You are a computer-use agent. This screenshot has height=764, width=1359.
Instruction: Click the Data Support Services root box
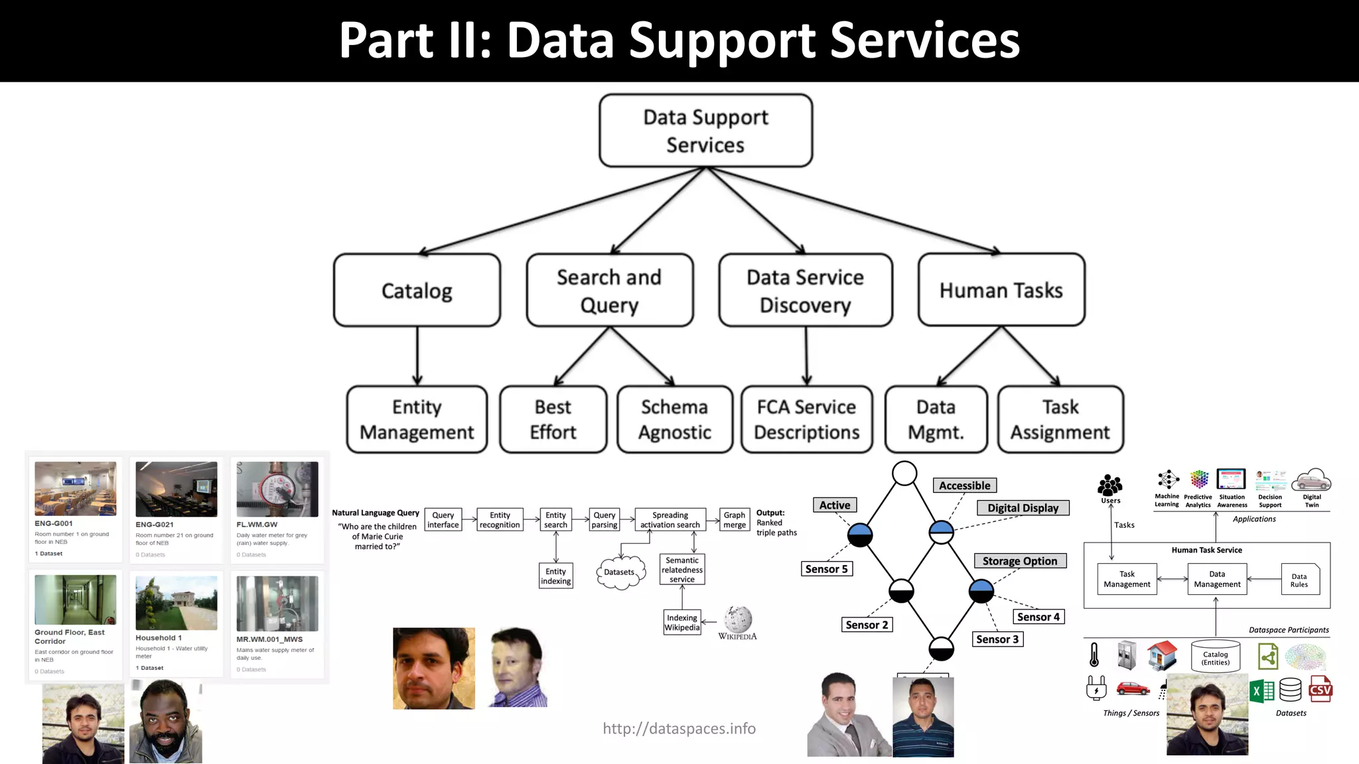tap(705, 131)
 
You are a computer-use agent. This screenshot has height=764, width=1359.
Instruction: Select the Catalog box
tap(417, 290)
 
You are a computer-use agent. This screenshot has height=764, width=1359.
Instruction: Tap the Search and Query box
tap(609, 290)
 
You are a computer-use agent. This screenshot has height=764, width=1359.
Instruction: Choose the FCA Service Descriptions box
tap(806, 419)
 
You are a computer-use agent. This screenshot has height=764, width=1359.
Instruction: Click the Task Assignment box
tap(1060, 419)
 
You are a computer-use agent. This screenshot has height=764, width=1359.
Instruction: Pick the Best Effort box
tap(553, 419)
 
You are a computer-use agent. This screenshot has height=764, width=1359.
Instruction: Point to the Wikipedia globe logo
tap(738, 619)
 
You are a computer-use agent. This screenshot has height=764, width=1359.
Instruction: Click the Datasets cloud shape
tap(620, 572)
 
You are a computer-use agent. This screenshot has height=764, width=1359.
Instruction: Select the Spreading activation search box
tap(670, 519)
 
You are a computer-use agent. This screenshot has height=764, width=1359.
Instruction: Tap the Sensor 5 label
tap(826, 569)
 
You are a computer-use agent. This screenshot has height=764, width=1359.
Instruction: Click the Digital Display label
tap(1023, 508)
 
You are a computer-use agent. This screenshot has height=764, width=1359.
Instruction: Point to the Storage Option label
tap(1019, 561)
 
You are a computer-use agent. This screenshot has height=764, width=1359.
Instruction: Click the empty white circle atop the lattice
tap(904, 474)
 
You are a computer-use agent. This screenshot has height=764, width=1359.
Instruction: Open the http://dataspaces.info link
tap(679, 729)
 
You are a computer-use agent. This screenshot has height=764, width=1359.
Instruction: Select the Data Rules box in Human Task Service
tap(1299, 580)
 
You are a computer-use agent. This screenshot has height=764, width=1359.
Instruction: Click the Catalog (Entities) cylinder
tap(1215, 657)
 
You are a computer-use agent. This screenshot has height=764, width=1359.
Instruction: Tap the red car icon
tap(1133, 688)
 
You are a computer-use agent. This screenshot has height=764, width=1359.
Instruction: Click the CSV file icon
tap(1320, 689)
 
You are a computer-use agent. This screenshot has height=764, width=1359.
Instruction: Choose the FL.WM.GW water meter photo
tap(277, 489)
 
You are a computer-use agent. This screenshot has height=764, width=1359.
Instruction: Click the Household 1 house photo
tap(176, 603)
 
